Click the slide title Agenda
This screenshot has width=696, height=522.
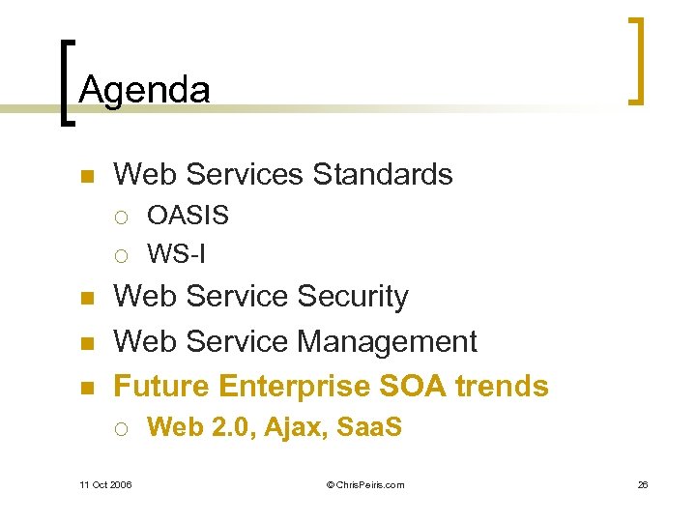(144, 90)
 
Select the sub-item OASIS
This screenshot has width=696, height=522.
(188, 215)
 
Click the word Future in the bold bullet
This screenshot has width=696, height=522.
(162, 386)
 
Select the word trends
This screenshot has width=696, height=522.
(502, 386)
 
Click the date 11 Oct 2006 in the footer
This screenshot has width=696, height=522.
(105, 484)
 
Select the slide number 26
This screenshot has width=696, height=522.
(642, 484)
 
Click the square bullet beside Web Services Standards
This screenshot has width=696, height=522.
(85, 176)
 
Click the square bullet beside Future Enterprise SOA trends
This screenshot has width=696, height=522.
(85, 388)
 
